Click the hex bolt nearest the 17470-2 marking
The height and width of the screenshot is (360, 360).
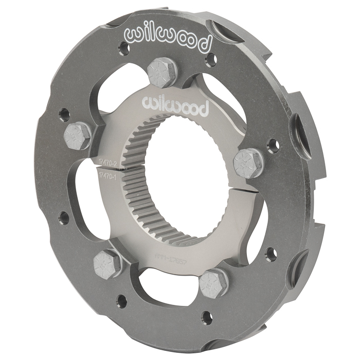[x=78, y=136]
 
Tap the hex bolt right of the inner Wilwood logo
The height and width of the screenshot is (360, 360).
[x=247, y=163]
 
